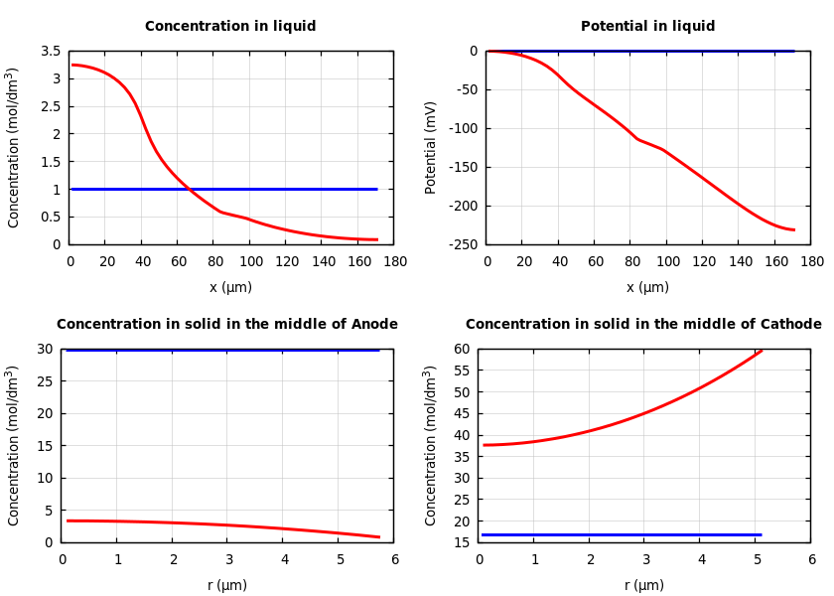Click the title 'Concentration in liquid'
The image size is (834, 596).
pyautogui.click(x=230, y=27)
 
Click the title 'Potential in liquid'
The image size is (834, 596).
pyautogui.click(x=647, y=27)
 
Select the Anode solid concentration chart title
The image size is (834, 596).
pyautogui.click(x=227, y=325)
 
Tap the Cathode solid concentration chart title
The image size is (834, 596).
pyautogui.click(x=643, y=325)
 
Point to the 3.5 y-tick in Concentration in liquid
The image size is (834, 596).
pyautogui.click(x=50, y=51)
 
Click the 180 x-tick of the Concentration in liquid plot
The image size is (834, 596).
pyautogui.click(x=394, y=261)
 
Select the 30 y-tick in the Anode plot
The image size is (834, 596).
pyautogui.click(x=45, y=349)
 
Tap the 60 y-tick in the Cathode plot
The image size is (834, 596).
pyautogui.click(x=462, y=349)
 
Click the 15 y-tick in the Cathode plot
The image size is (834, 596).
pyautogui.click(x=462, y=542)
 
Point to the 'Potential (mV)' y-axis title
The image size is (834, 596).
pyautogui.click(x=431, y=147)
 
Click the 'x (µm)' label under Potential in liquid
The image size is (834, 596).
pyautogui.click(x=647, y=287)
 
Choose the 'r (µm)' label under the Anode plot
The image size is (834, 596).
pyautogui.click(x=227, y=585)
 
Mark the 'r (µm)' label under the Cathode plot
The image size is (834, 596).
pyautogui.click(x=644, y=585)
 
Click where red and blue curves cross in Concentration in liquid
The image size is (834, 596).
pyautogui.click(x=190, y=189)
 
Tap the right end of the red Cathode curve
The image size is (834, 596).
pyautogui.click(x=762, y=350)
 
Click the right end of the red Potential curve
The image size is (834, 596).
pyautogui.click(x=794, y=229)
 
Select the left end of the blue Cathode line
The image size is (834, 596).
pyautogui.click(x=483, y=534)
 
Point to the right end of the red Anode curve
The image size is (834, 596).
pyautogui.click(x=379, y=537)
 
